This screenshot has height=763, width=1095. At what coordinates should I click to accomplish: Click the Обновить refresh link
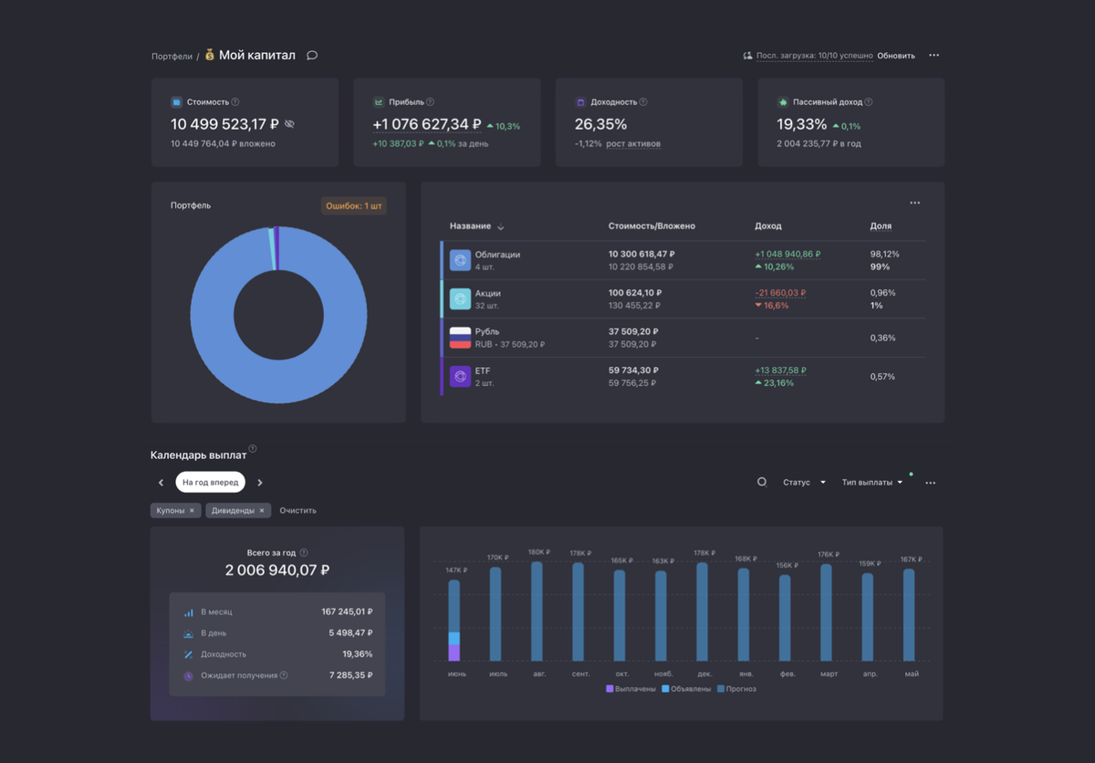[895, 56]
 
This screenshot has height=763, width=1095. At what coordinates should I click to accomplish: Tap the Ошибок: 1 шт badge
[353, 205]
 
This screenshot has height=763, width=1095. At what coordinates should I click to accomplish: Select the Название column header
[470, 225]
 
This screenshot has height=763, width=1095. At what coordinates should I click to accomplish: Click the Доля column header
[881, 225]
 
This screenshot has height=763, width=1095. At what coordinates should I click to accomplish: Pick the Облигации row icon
[460, 260]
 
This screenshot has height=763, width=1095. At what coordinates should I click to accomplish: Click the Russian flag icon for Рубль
[460, 338]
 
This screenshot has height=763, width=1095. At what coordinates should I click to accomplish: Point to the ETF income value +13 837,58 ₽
[780, 371]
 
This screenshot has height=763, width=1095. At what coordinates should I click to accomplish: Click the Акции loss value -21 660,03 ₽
[780, 293]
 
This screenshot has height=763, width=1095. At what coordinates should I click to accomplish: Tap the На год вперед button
[210, 483]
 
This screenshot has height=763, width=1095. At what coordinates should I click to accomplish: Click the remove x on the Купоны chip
[192, 510]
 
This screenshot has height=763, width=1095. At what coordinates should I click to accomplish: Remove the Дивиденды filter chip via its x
[262, 510]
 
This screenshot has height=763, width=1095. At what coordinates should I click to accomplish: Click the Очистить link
[297, 510]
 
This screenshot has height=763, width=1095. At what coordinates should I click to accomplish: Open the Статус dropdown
[804, 483]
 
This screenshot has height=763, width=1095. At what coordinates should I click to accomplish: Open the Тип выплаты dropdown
[872, 483]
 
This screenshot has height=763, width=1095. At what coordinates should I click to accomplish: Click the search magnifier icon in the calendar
[762, 483]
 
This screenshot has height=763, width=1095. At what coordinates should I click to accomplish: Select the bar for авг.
[537, 611]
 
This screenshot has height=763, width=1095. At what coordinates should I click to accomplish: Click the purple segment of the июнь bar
[454, 653]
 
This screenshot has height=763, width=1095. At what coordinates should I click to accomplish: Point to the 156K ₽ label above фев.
[787, 565]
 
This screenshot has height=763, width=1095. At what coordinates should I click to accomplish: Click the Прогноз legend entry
[736, 689]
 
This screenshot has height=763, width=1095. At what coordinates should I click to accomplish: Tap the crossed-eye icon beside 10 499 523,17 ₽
[289, 124]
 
